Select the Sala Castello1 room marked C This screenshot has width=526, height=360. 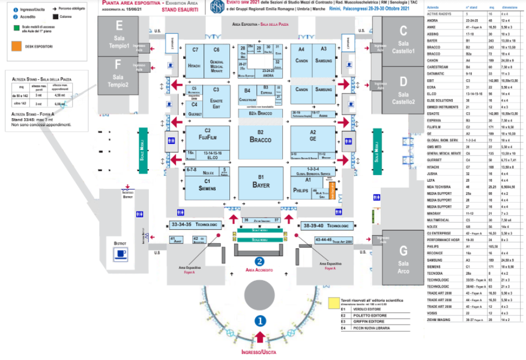(x=403, y=38)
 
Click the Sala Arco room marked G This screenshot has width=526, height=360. (x=403, y=255)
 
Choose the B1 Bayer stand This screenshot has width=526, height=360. (x=261, y=182)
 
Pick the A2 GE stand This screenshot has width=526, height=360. (x=313, y=136)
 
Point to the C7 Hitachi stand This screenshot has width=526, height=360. (x=195, y=60)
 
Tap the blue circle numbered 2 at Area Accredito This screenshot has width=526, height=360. (x=259, y=261)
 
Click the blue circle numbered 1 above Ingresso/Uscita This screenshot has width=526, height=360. (x=260, y=321)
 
